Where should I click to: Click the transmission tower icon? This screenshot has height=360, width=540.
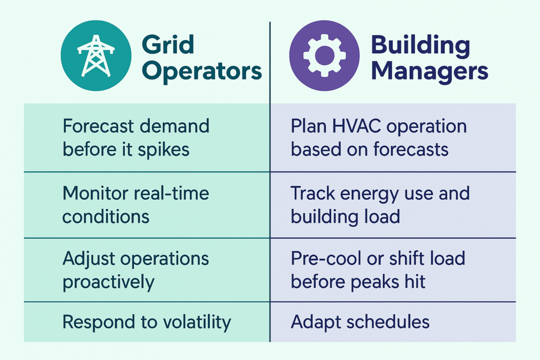pyautogui.click(x=96, y=56)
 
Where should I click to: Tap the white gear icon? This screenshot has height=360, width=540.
pyautogui.click(x=324, y=55)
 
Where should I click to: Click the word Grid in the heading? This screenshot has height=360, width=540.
pyautogui.click(x=168, y=45)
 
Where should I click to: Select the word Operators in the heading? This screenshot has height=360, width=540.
pyautogui.click(x=202, y=72)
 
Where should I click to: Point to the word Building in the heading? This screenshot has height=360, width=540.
pyautogui.click(x=420, y=46)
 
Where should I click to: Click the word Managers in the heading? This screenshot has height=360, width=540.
pyautogui.click(x=429, y=72)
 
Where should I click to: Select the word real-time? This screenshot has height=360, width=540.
pyautogui.click(x=171, y=193)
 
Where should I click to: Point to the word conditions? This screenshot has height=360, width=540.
pyautogui.click(x=105, y=217)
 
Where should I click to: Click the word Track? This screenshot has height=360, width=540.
pyautogui.click(x=313, y=193)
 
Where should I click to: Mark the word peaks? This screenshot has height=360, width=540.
pyautogui.click(x=375, y=282)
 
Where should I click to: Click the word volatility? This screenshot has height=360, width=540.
pyautogui.click(x=197, y=323)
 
